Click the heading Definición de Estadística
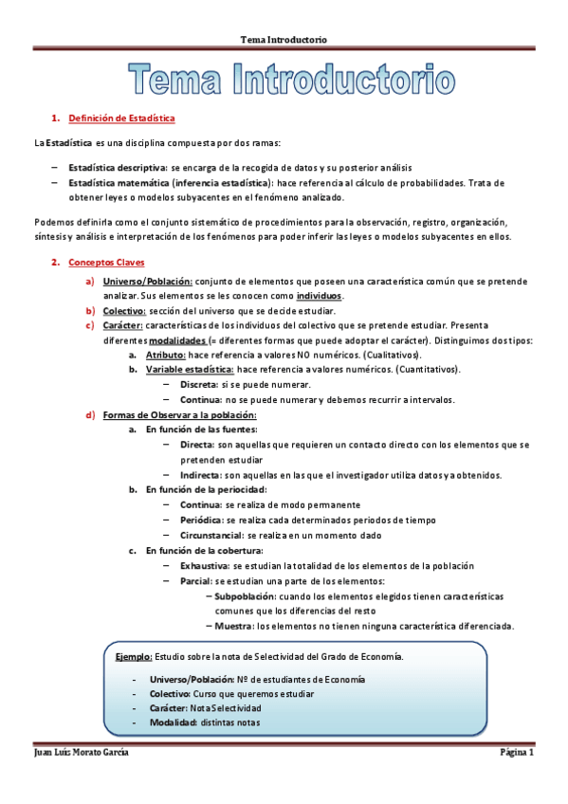[120, 119]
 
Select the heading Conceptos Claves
[107, 261]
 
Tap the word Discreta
[198, 384]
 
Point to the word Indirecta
[200, 474]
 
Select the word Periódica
[201, 520]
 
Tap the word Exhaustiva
[204, 565]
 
